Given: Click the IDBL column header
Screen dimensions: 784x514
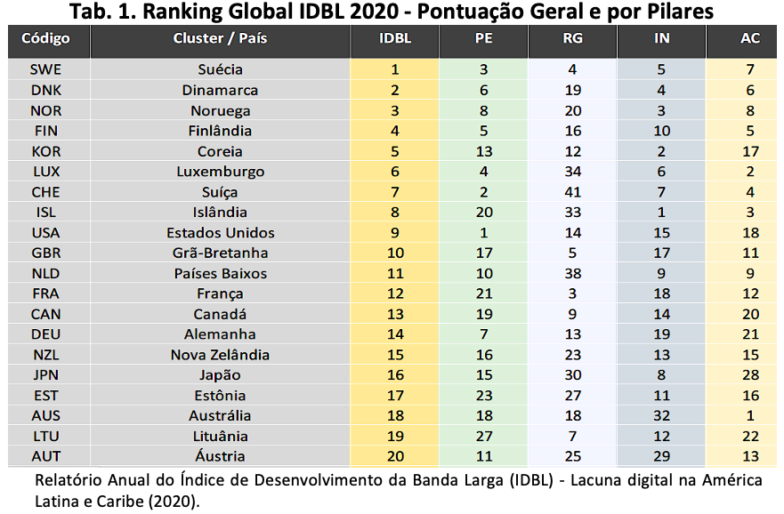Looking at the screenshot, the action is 395,38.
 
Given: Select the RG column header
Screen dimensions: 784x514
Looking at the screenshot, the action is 572,38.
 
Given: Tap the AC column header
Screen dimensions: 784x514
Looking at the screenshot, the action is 750,38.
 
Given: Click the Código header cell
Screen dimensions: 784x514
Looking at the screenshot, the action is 45,38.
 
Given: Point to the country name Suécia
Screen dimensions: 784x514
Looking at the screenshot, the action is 220,69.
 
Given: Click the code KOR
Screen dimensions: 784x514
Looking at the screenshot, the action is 46,151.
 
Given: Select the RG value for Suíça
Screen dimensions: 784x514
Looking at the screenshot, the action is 572,192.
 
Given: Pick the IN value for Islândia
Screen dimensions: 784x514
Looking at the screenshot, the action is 661,213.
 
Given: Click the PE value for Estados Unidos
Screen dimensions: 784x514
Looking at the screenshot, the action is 483,233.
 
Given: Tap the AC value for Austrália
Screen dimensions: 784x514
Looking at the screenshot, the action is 750,415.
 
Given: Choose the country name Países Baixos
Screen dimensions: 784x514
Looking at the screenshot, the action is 221,274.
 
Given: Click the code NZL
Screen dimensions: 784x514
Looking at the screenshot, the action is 46,355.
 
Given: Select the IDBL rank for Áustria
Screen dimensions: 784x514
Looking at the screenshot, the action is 395,456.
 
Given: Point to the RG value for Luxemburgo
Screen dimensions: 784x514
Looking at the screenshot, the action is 572,172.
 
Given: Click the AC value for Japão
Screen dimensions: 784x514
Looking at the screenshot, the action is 750,374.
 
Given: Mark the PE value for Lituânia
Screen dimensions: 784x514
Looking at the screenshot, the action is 483,436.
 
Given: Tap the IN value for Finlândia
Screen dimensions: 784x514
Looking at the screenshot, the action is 661,131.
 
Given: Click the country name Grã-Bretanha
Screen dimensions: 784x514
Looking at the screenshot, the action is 220,253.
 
